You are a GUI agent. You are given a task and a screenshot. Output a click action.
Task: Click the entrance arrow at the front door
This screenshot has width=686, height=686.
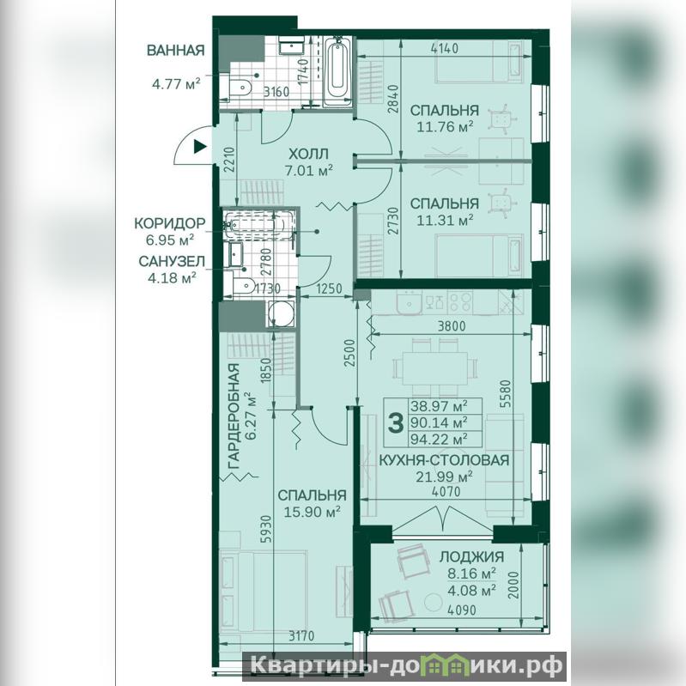click(x=199, y=147)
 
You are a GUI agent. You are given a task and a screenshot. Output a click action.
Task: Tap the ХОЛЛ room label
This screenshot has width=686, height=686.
click(x=308, y=154)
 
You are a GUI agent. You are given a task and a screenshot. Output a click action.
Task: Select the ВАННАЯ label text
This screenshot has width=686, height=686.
click(x=175, y=51)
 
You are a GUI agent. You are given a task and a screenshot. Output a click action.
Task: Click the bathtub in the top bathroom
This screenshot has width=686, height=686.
click(x=337, y=72)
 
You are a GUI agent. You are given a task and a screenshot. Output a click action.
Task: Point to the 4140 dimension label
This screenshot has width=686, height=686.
click(x=445, y=48)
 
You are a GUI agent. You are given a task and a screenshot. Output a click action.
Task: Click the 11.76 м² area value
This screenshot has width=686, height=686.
click(x=445, y=127)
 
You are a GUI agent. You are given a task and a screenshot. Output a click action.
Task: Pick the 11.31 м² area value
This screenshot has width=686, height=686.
click(x=445, y=221)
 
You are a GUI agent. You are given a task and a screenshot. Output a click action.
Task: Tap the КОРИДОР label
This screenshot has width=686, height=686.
click(x=170, y=223)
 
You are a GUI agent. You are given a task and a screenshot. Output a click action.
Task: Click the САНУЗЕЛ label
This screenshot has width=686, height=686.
click(x=172, y=261)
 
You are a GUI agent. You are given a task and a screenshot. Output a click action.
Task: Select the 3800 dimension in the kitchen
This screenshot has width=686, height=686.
click(x=452, y=326)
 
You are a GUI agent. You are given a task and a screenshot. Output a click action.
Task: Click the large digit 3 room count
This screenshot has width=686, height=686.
click(x=396, y=423)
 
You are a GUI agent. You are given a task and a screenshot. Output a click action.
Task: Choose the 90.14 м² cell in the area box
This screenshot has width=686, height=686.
click(x=439, y=422)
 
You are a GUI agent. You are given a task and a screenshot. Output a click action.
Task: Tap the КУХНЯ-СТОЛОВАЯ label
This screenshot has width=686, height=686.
click(x=444, y=460)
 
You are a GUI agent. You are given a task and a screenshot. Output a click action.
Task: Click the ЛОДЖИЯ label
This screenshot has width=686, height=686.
click(x=471, y=556)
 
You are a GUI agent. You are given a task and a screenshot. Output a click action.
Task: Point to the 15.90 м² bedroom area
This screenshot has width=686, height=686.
click(x=313, y=512)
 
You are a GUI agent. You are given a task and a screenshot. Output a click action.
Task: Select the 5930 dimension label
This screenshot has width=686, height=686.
click(x=266, y=529)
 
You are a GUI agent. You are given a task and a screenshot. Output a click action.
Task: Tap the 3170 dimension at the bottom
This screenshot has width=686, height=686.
click(x=301, y=635)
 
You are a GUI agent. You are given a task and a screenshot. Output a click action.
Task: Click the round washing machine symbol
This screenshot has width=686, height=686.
click(x=281, y=313)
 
